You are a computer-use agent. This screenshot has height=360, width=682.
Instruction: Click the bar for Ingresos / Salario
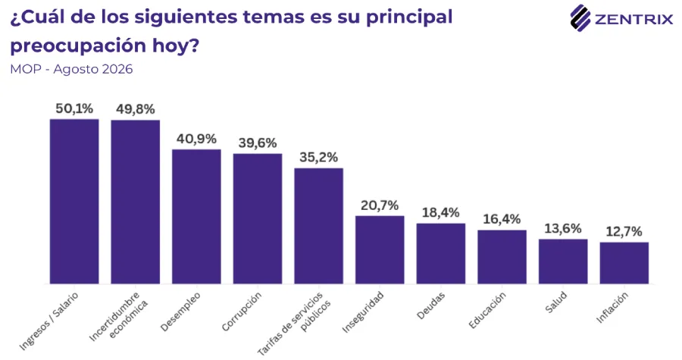point(74,202)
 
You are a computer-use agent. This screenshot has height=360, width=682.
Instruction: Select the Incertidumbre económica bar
point(136,202)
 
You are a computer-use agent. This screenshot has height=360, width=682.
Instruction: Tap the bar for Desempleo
point(196,217)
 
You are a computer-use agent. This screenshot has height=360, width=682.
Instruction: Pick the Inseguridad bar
point(380,250)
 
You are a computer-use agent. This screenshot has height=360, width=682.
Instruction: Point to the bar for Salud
point(563,261)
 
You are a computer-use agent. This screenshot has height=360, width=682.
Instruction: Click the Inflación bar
point(624,263)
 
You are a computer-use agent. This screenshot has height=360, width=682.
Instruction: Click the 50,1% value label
point(74,108)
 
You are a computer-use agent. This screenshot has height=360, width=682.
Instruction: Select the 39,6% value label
point(258,143)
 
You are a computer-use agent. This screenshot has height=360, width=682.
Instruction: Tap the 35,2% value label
point(319,158)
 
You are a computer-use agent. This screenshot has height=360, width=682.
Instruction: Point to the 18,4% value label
point(440,213)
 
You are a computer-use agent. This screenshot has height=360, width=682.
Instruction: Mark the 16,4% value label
point(502,219)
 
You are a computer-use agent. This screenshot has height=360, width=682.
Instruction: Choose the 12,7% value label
point(624,232)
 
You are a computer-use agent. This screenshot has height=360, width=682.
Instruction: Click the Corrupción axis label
point(242,311)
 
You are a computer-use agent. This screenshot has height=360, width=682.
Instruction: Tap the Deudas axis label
point(431,305)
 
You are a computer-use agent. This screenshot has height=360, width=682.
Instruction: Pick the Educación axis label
point(487,310)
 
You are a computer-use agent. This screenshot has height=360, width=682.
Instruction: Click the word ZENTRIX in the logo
point(634,20)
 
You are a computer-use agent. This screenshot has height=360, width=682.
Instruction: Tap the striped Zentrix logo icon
point(580,18)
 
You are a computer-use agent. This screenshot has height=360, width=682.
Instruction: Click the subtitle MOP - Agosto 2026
point(71,69)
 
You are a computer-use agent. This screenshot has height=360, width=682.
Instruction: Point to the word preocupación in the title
point(78,46)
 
